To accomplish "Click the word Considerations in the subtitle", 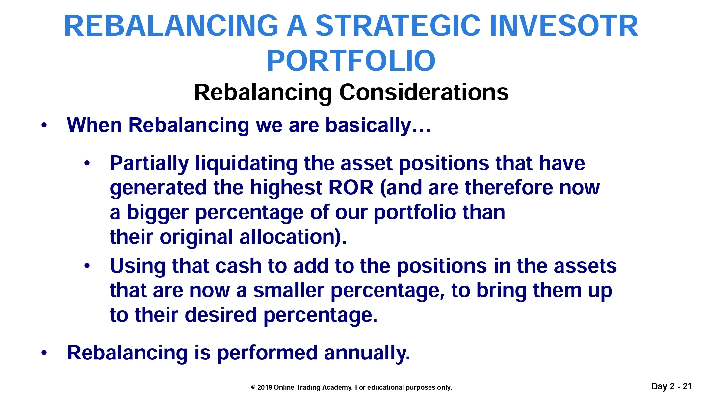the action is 424,92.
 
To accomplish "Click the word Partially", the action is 149,164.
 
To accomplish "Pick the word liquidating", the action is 247,164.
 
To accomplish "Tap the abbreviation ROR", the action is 351,188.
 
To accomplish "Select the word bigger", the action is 158,213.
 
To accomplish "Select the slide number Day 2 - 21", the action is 672,386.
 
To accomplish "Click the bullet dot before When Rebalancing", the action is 44,125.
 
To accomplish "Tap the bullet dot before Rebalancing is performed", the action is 44,353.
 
